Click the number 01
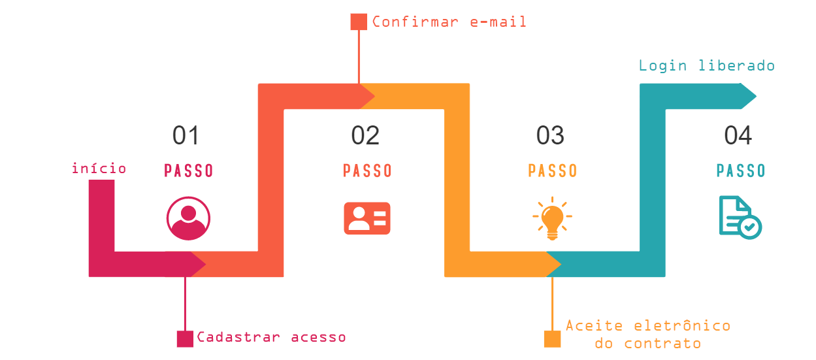click(x=186, y=136)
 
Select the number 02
click(x=365, y=136)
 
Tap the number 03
click(x=550, y=136)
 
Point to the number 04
click(x=738, y=136)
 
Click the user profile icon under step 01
click(x=188, y=218)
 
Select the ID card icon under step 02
click(x=367, y=218)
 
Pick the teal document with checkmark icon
click(x=740, y=218)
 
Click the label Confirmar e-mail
click(x=449, y=22)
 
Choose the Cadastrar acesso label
click(x=271, y=337)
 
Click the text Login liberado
click(x=706, y=65)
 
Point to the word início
click(x=99, y=169)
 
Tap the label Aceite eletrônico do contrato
click(x=647, y=334)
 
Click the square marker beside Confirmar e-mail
click(x=359, y=22)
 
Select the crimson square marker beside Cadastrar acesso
click(x=185, y=338)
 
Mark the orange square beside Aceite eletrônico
click(x=553, y=338)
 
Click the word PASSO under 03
click(x=553, y=171)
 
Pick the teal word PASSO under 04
click(x=741, y=171)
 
